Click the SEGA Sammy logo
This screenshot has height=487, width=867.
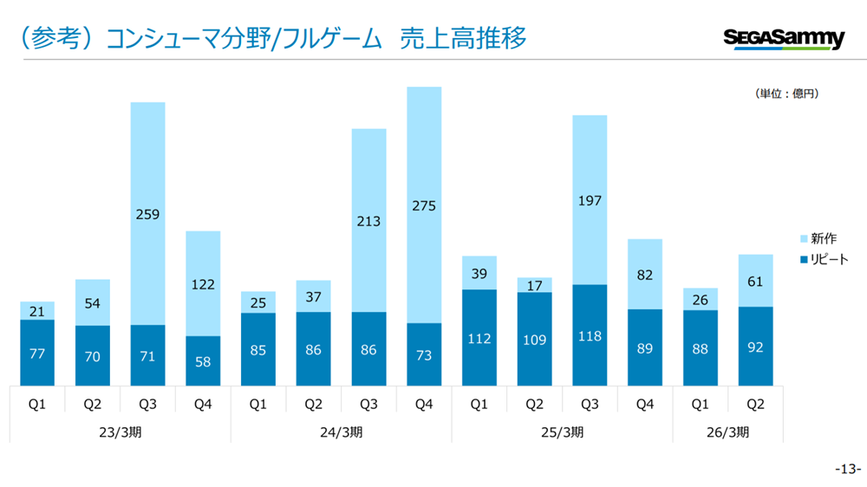tap(783, 38)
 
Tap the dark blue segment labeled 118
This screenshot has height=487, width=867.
tap(590, 334)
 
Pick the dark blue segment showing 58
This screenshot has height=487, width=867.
tap(203, 360)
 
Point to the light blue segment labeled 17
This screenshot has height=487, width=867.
tap(534, 285)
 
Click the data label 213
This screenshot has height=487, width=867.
tap(369, 221)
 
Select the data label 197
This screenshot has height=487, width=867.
tap(590, 201)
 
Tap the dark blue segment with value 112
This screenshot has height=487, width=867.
tap(479, 337)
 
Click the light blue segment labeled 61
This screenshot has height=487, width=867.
tap(755, 280)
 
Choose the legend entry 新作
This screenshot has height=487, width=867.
tap(824, 238)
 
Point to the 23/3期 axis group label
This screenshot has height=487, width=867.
tap(121, 432)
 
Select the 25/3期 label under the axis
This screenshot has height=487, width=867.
tap(562, 432)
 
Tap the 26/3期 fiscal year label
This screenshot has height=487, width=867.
tap(728, 432)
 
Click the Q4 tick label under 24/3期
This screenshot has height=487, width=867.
tap(424, 404)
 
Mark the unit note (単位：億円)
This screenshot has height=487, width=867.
tap(787, 94)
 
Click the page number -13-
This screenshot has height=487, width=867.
tap(847, 469)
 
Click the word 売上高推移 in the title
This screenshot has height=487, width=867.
tap(463, 38)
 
